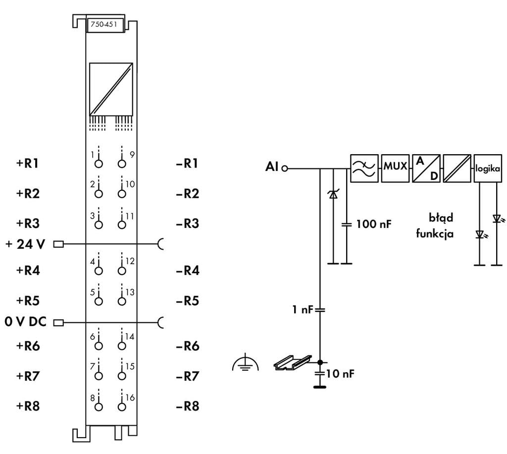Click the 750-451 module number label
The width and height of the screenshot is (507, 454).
(104, 24)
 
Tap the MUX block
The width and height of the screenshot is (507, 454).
(395, 169)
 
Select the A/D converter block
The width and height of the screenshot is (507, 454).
(426, 169)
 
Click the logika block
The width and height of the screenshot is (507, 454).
(488, 169)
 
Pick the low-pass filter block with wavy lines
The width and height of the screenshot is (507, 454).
(364, 169)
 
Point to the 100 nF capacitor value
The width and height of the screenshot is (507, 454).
(374, 224)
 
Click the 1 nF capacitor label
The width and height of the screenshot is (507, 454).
(303, 310)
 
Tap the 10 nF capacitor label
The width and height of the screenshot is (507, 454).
(340, 374)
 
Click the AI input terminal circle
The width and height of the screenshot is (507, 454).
(285, 169)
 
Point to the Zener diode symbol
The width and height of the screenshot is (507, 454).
(333, 194)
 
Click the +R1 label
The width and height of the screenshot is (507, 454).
(28, 163)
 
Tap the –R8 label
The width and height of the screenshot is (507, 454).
(188, 406)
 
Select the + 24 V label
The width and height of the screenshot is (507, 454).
(25, 244)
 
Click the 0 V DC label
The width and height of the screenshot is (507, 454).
(26, 322)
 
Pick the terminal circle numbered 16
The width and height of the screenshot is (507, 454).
(122, 407)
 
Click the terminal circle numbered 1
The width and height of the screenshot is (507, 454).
(99, 164)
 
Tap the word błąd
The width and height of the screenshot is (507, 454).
(441, 218)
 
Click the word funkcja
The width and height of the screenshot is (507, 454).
(435, 233)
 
